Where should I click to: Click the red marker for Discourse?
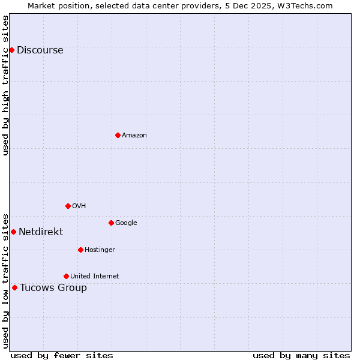point(11,50)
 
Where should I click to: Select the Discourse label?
point(40,50)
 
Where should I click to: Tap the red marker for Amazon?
point(118,135)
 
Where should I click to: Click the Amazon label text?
point(134,136)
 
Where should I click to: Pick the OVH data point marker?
point(68,206)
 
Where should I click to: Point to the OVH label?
point(79,206)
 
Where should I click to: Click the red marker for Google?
point(111,223)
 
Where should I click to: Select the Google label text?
point(126,223)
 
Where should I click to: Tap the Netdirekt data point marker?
point(13,232)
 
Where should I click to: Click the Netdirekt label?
point(41,232)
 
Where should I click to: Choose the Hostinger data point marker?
point(80,250)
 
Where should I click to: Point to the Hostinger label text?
point(100,250)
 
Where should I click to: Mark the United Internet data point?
point(66,276)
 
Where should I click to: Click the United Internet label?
point(94,277)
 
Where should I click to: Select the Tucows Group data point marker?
point(14,287)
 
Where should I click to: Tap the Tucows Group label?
point(53,288)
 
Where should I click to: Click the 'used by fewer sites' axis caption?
point(62,355)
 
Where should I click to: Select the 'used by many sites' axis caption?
point(301,355)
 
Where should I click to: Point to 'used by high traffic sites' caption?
point(5,85)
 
